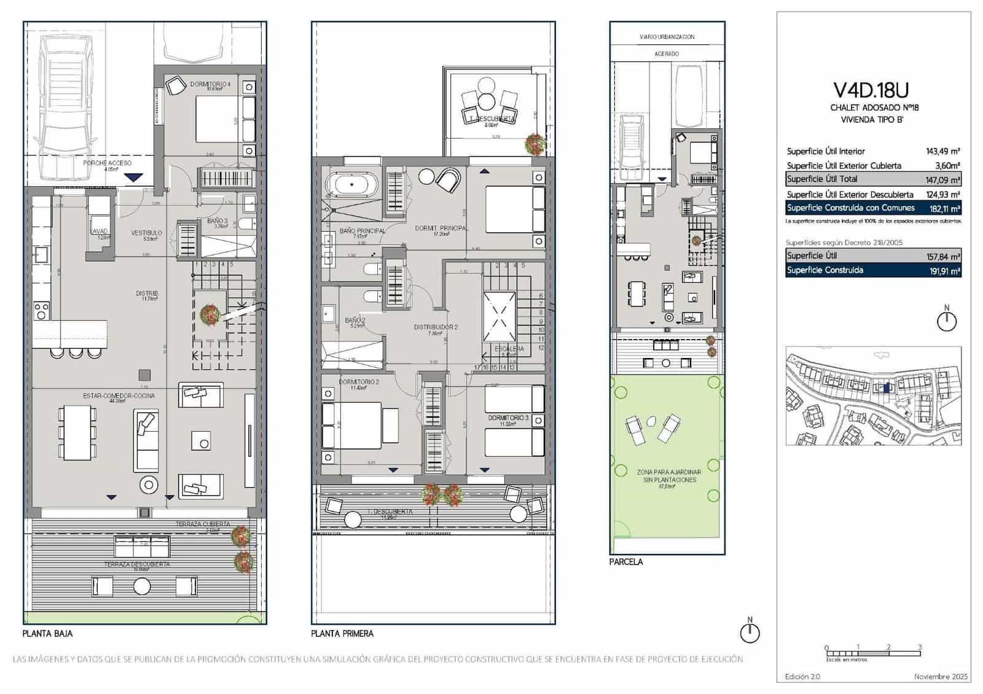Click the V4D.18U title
coord(871,90)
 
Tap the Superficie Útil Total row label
coord(822,179)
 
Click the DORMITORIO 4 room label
coord(210,84)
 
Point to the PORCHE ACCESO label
coord(108,163)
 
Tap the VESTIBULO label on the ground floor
coord(146,233)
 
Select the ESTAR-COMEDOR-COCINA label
coord(119,396)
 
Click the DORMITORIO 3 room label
coord(507,418)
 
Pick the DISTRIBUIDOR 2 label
coord(436,327)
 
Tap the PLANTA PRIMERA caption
coord(342,634)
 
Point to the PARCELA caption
coord(626,562)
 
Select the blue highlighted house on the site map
coord(885,388)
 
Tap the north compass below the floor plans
coord(750,633)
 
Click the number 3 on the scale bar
coord(920,647)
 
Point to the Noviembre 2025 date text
coord(941,677)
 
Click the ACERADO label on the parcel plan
coord(667,54)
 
